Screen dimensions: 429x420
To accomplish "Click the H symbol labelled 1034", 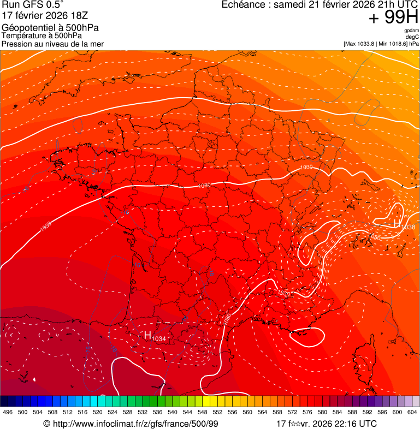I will (x=147, y=335).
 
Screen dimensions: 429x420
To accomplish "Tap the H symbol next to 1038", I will (x=397, y=223).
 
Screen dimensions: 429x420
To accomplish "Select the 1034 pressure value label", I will (x=158, y=339).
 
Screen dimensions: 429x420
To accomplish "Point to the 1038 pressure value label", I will (x=408, y=227).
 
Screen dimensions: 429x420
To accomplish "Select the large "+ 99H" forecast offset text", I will (x=393, y=18).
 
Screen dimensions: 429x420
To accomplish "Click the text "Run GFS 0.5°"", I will (x=33, y=5).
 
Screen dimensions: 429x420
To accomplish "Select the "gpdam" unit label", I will (x=411, y=31).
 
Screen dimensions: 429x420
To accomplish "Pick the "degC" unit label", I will (x=412, y=37).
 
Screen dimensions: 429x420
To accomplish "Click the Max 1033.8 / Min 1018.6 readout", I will (x=381, y=43).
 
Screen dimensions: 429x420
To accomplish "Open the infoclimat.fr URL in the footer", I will (x=131, y=424).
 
